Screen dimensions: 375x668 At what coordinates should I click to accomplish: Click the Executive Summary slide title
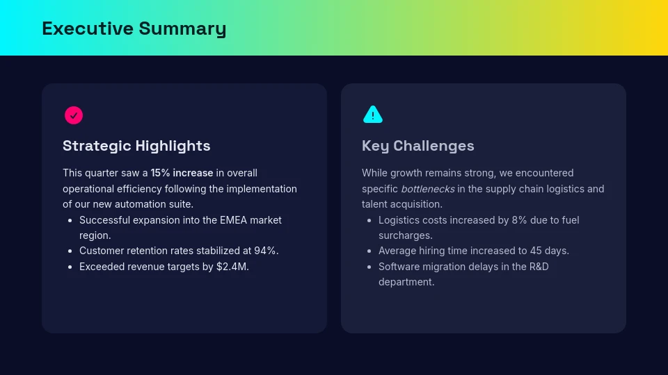point(134,28)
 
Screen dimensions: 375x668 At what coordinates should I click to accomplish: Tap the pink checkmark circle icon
point(74,115)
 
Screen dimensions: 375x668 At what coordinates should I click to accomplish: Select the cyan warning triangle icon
point(373,115)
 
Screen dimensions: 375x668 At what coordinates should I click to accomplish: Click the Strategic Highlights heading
point(136,146)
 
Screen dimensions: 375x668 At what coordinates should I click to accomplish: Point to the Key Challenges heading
point(417,146)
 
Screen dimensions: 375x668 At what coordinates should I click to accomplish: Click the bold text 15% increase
point(182,173)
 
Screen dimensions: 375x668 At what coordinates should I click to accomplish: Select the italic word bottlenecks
point(427,189)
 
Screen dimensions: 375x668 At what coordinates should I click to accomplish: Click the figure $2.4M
point(232,267)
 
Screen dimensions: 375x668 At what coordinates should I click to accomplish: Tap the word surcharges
point(405,235)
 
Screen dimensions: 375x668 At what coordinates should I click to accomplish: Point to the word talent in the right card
point(375,204)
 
